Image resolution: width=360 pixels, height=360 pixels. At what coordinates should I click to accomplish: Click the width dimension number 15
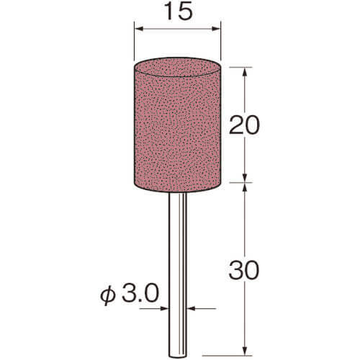179,12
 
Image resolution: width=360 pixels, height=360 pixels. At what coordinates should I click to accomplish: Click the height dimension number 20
244,125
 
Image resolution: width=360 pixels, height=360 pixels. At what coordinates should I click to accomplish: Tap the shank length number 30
244,271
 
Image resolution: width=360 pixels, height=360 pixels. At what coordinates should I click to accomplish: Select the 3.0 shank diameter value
140,293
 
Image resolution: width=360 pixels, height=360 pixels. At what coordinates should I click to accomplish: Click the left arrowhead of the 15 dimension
139,29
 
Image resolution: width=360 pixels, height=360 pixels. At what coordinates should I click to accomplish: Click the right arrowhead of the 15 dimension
216,29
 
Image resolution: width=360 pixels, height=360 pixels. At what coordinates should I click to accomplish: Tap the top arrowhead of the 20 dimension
245,72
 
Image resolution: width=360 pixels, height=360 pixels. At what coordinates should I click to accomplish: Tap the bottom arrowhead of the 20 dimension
245,178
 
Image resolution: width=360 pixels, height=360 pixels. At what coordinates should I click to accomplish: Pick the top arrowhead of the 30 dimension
245,187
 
